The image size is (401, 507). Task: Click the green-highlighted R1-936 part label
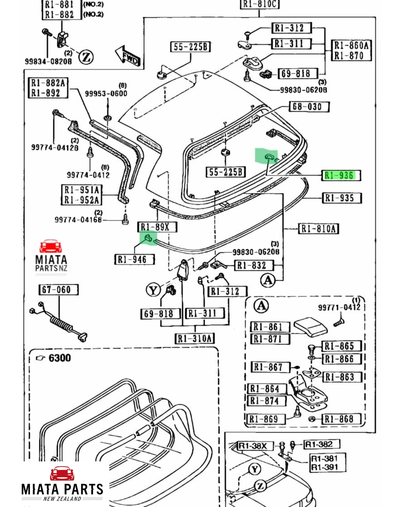(x=341, y=175)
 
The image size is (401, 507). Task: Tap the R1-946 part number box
(x=135, y=259)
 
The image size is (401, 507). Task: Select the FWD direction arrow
(x=128, y=56)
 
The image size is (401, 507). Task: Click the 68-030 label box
(x=309, y=107)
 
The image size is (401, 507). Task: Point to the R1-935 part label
(x=342, y=198)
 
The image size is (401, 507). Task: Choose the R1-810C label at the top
(x=260, y=4)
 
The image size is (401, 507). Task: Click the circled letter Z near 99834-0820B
(x=86, y=57)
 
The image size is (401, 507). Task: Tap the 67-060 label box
(x=59, y=290)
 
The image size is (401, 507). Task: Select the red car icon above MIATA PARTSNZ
(x=51, y=246)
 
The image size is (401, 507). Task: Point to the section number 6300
(x=60, y=358)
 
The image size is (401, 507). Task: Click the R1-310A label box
(x=195, y=339)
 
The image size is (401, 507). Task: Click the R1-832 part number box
(x=254, y=265)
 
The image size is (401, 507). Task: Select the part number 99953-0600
(x=106, y=94)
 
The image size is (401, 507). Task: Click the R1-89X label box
(x=157, y=227)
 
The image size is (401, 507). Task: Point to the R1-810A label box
(x=319, y=229)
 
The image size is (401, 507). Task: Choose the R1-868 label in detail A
(x=341, y=419)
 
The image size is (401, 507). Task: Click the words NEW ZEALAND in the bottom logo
(x=62, y=499)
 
